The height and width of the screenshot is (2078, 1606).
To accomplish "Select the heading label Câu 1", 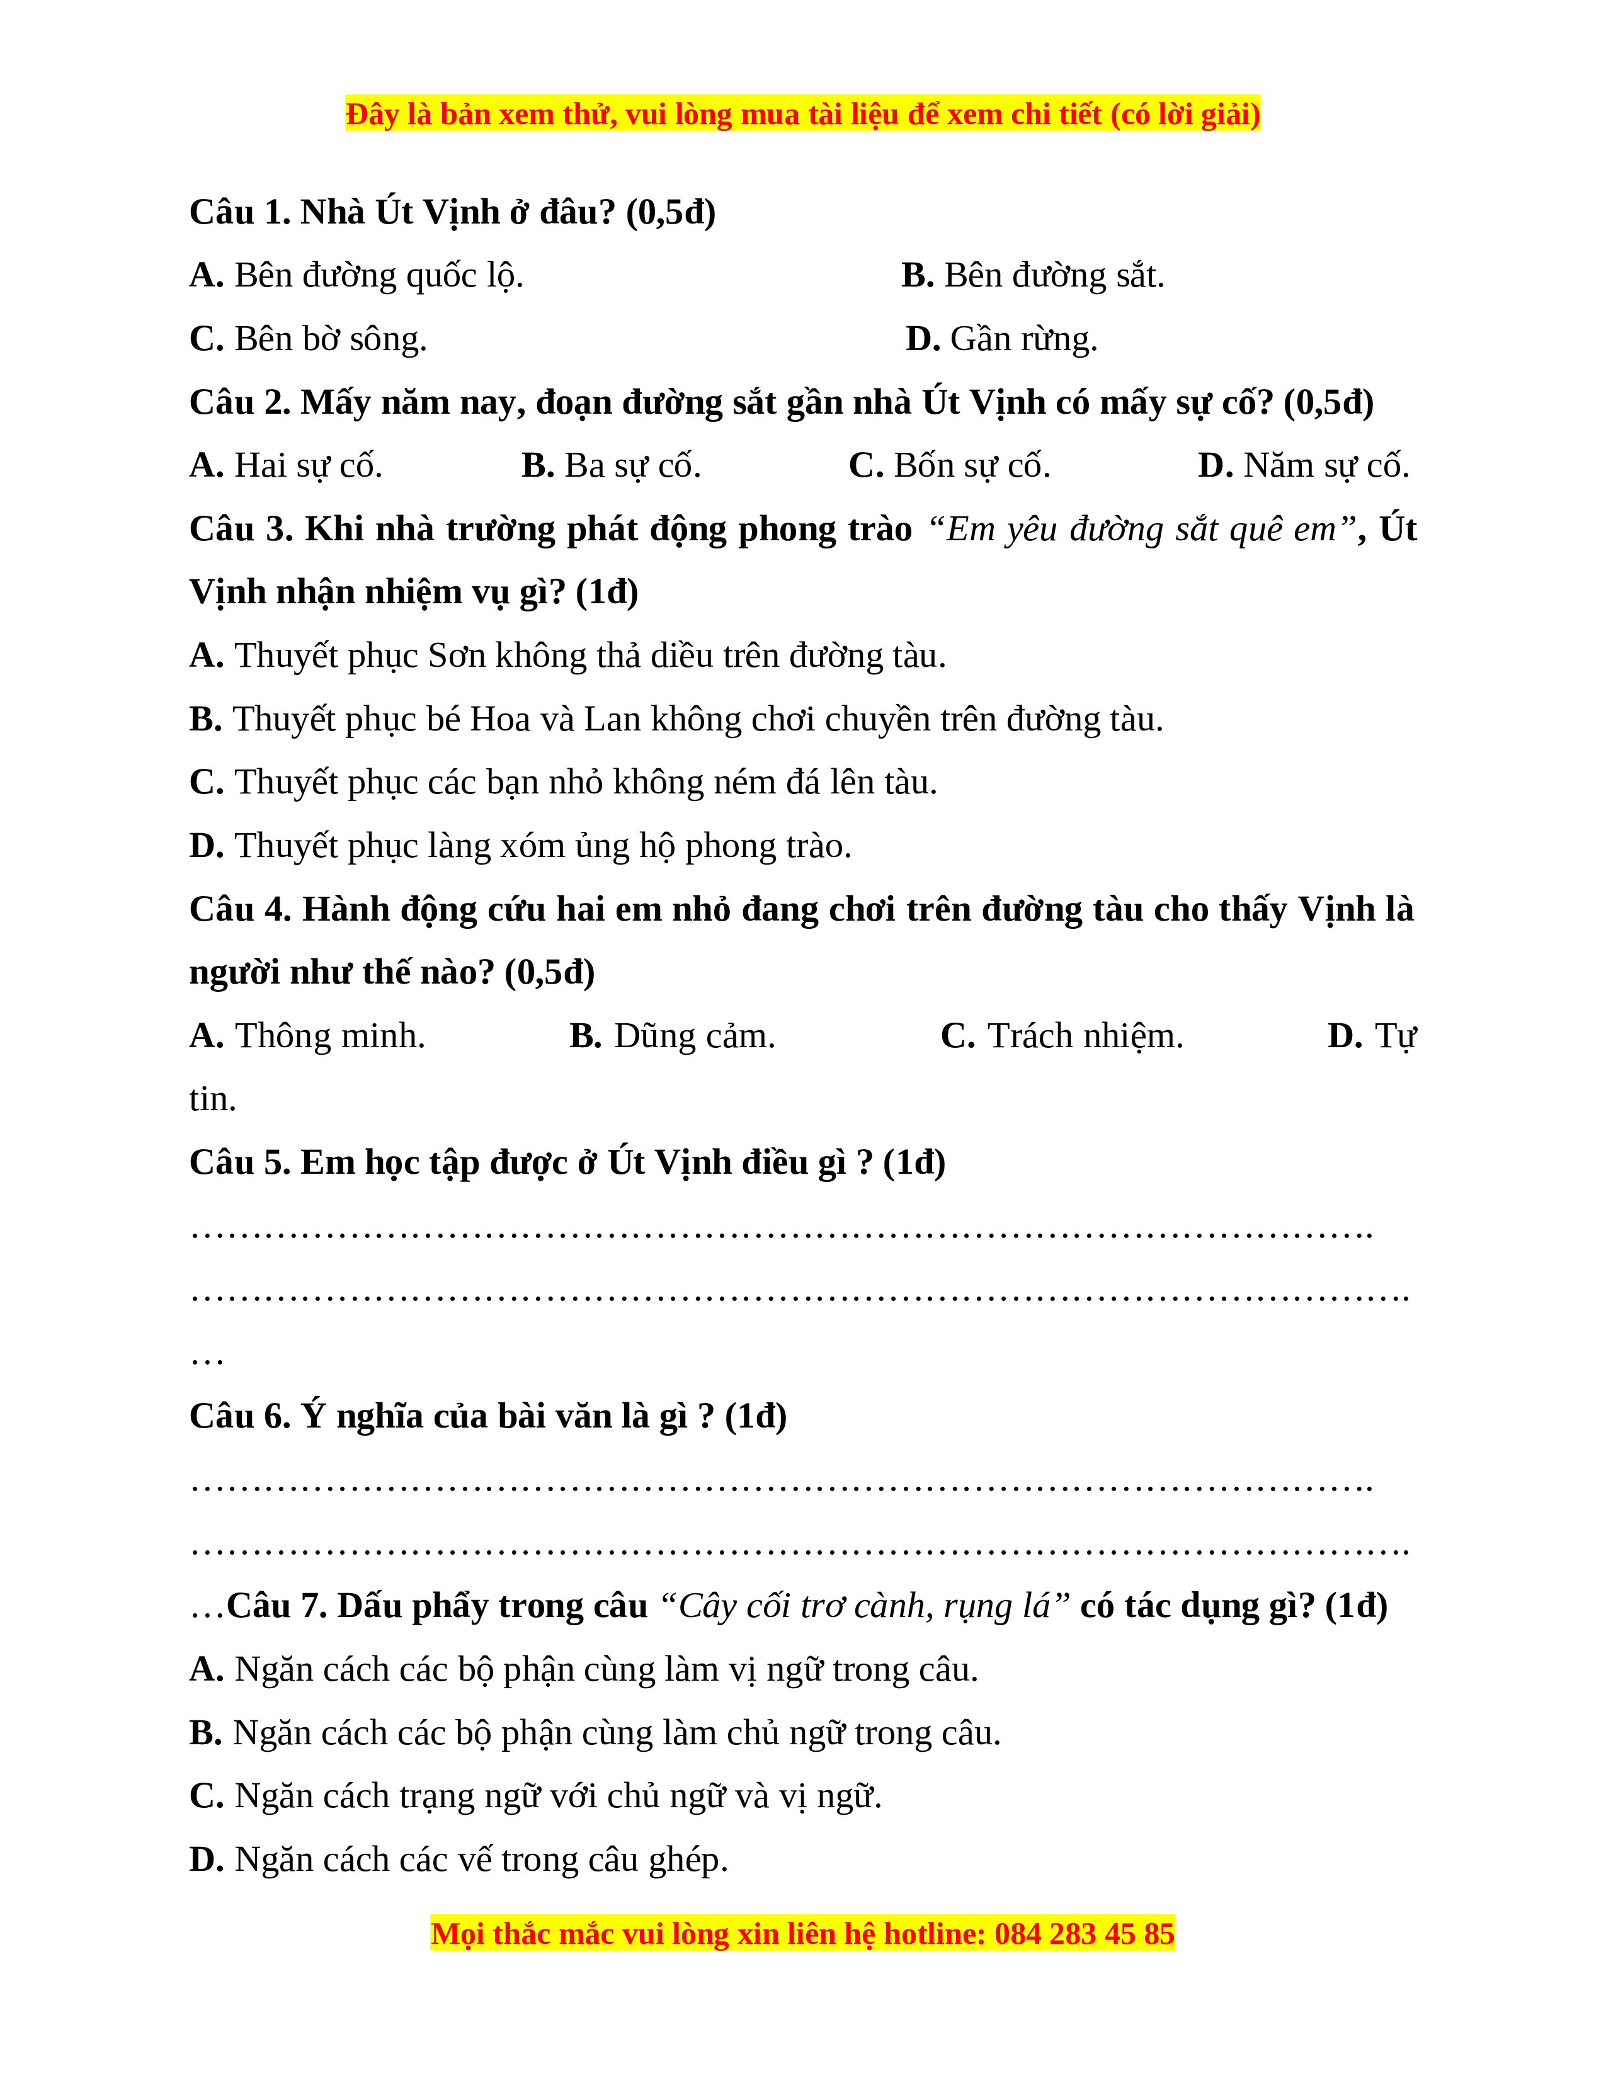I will click(240, 212).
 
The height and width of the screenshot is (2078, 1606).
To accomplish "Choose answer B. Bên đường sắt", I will click(1032, 276).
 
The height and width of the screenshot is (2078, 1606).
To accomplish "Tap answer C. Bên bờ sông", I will click(308, 339).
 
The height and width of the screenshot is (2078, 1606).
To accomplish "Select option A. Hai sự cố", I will click(285, 465).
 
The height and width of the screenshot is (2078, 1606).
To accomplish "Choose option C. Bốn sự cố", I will click(948, 465).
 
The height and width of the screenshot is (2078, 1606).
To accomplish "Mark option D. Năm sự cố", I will click(1302, 465).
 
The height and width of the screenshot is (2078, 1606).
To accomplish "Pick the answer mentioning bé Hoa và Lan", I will click(676, 719).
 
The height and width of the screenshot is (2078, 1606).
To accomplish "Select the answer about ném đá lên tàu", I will click(563, 782).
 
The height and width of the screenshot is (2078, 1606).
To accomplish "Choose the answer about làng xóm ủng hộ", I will click(520, 846).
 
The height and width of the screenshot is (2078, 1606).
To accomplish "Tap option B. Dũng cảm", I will click(672, 1036).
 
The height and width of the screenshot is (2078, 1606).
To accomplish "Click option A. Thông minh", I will click(307, 1036).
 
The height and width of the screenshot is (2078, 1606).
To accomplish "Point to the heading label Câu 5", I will click(240, 1162).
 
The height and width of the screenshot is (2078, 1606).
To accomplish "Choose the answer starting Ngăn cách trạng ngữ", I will click(536, 1797).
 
